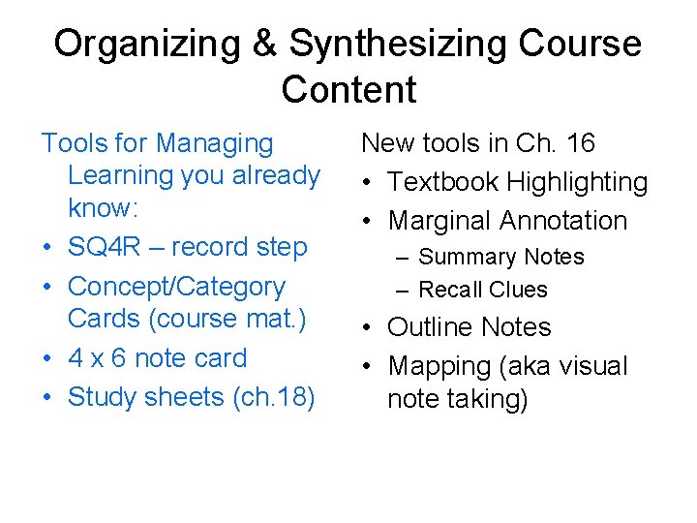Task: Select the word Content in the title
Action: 348,89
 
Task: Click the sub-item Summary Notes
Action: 501,258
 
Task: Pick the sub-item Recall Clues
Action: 483,290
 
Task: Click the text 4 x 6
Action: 97,358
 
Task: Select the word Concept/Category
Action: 176,287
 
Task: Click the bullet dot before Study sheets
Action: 47,398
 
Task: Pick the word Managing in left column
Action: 214,143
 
